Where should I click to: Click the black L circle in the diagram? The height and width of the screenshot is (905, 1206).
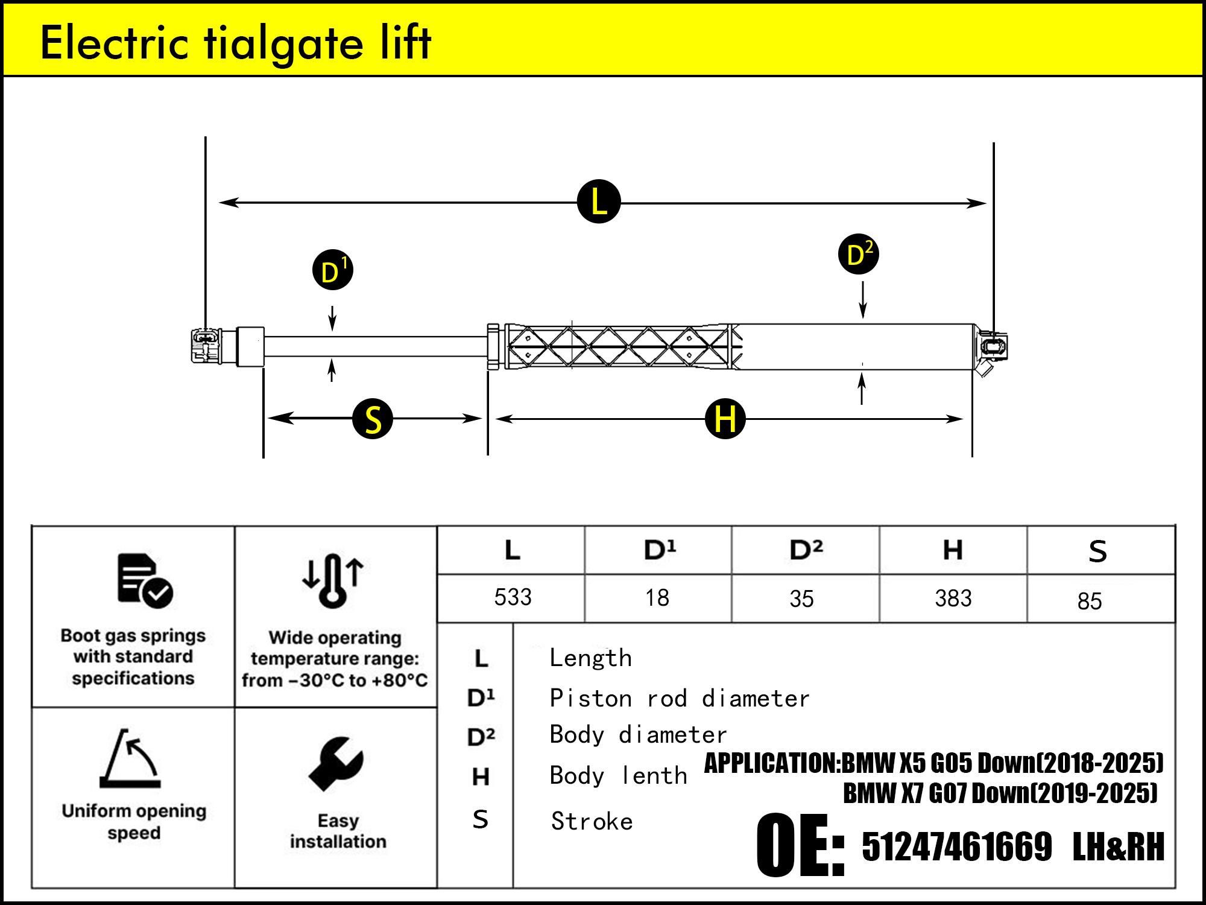[x=599, y=202]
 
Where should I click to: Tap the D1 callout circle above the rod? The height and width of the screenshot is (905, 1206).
[x=333, y=270]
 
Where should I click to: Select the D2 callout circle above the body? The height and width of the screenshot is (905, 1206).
[x=859, y=254]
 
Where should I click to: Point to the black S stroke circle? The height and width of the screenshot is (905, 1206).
[x=373, y=419]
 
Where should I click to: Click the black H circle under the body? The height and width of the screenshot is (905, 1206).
[x=725, y=419]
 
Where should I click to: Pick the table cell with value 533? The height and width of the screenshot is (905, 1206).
[x=513, y=597]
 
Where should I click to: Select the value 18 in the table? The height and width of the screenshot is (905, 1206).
[x=657, y=598]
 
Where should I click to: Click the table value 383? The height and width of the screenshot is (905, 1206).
[x=953, y=599]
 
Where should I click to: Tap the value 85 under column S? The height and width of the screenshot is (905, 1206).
[x=1090, y=601]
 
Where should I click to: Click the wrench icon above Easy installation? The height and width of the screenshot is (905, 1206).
[x=336, y=763]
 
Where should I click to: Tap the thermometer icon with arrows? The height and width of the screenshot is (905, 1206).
[x=333, y=580]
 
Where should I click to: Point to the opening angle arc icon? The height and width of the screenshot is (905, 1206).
[x=131, y=758]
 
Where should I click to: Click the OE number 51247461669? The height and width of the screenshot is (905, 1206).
[x=957, y=846]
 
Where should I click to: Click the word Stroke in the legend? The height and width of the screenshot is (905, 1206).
[x=592, y=822]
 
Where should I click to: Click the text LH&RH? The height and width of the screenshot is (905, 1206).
[x=1119, y=846]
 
